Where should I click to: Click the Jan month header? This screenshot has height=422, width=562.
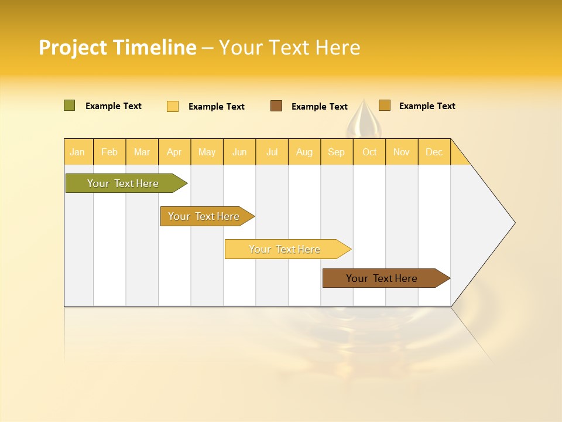[78, 152]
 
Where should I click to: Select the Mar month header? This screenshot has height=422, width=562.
[142, 152]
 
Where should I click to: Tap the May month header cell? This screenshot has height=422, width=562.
[207, 152]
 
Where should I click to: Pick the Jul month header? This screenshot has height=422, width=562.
[272, 152]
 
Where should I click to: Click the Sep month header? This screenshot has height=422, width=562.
[336, 152]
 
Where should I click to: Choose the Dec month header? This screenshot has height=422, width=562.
[434, 152]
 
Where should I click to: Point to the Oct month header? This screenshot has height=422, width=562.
[369, 152]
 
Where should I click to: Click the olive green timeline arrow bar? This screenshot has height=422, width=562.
[123, 183]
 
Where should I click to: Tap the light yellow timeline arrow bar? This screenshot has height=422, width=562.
[285, 249]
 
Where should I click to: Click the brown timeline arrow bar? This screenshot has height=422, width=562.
[382, 278]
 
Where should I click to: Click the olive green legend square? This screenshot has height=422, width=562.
[69, 105]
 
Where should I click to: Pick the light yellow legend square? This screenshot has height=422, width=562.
[173, 106]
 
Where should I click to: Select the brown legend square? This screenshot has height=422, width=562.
[276, 106]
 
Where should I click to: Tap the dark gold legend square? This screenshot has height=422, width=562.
[384, 105]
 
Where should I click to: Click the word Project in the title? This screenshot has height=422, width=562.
[73, 47]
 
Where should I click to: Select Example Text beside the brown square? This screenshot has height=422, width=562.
[319, 107]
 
